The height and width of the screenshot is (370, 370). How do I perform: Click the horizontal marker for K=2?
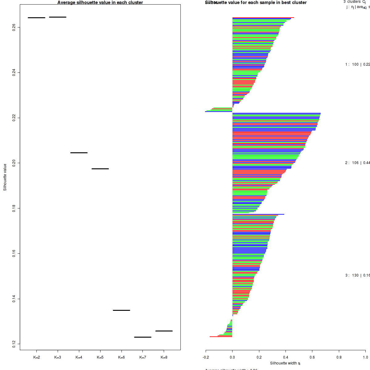(x=36, y=18)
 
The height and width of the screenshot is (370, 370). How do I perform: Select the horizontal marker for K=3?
(x=58, y=17)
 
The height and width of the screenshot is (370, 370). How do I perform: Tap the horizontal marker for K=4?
(x=79, y=153)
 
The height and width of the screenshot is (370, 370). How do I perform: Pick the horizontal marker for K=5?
(x=100, y=169)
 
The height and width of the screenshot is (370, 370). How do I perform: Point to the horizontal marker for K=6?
(x=121, y=310)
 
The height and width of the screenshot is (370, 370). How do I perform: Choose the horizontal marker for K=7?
(x=143, y=337)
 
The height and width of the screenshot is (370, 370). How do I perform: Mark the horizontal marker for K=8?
(x=164, y=331)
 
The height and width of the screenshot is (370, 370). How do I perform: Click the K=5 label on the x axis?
(x=100, y=357)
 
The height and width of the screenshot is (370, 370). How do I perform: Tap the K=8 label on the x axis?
(x=164, y=357)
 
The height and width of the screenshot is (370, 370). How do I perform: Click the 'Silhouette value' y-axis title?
(x=5, y=177)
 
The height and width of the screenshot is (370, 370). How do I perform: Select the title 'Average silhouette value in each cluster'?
(x=100, y=2)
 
